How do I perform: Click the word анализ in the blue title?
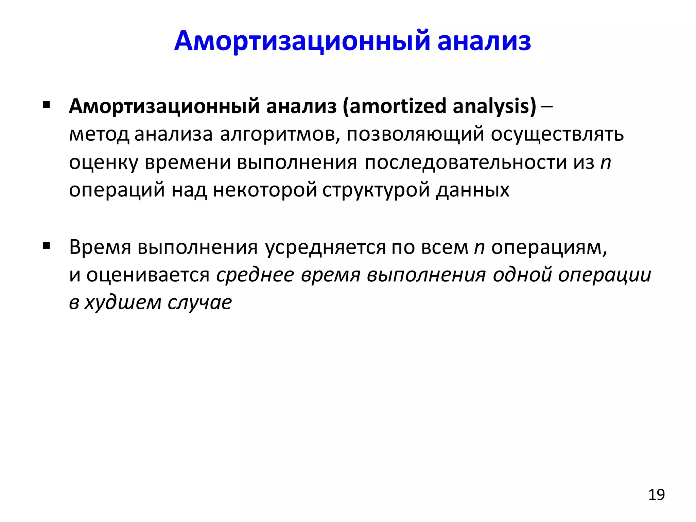click(x=484, y=41)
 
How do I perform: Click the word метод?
click(x=99, y=134)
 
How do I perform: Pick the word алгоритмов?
click(x=280, y=134)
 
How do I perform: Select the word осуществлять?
click(x=557, y=134)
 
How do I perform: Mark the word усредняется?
click(x=325, y=247)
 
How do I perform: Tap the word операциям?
click(x=549, y=247)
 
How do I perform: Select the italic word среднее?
click(x=255, y=275)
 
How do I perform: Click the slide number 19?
click(x=656, y=495)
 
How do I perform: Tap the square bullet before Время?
click(x=47, y=245)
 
